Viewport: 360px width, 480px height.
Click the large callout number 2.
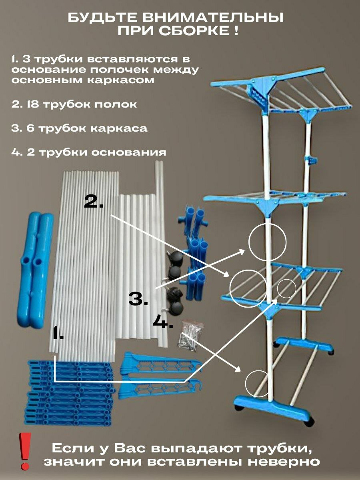[x=94, y=201]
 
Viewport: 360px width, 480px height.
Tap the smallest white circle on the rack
[x=286, y=288]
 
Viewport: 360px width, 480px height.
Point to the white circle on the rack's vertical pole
[x=267, y=242]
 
